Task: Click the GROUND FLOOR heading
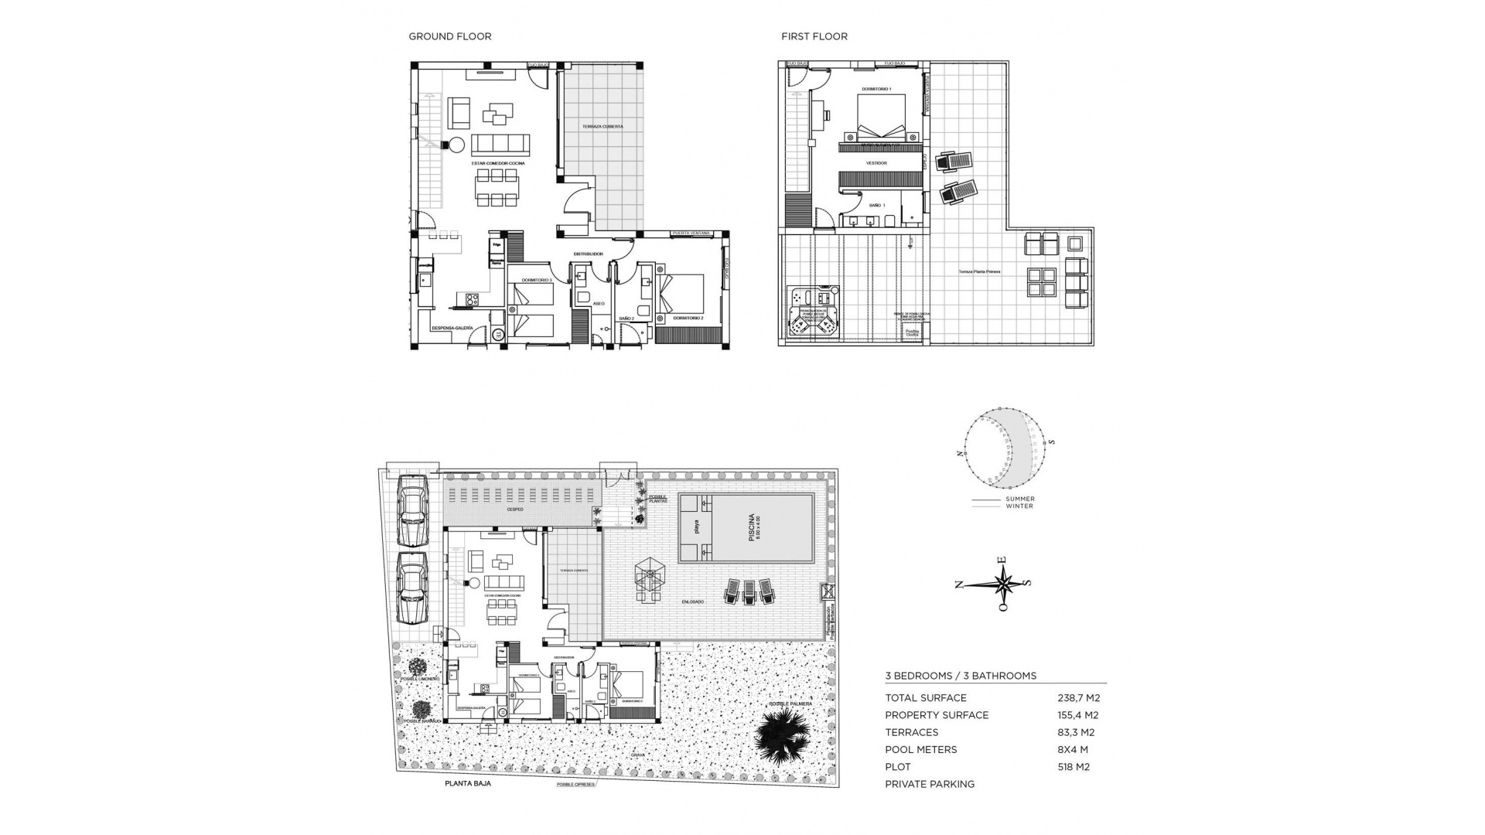coord(449,36)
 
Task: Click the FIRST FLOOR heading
coord(814,36)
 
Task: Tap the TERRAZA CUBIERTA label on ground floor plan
coord(603,126)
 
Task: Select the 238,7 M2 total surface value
coord(1078,697)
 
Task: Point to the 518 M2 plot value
coord(1074,767)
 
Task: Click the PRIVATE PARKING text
coord(930,784)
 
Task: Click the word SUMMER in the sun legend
coord(1020,499)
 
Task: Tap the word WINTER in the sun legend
coord(1019,506)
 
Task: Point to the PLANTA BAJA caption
coord(467,783)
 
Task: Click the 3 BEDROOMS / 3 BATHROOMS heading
coord(961,676)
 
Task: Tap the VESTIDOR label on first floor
coord(876,164)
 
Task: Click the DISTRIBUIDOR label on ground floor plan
coord(588,254)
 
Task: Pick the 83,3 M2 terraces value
coord(1075,732)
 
